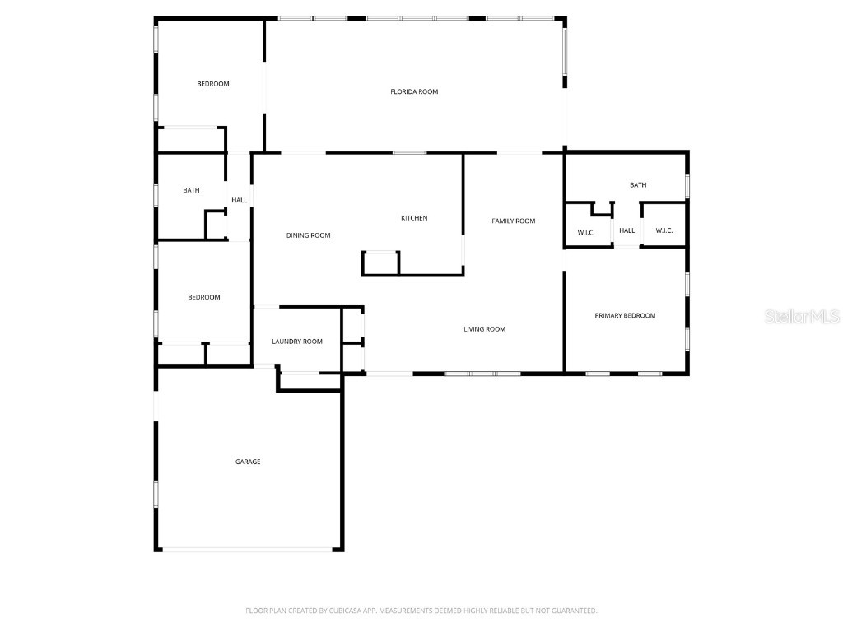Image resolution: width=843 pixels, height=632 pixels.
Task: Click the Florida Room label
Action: point(414,91)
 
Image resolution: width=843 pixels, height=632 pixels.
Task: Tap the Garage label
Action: point(248,462)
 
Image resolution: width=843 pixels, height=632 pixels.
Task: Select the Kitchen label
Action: point(414,218)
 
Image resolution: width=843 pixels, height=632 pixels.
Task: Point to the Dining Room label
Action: point(309,235)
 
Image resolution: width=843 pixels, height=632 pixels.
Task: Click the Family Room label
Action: point(514,221)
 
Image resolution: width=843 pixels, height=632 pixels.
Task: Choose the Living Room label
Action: point(484,329)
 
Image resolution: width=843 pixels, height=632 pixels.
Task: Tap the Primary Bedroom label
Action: point(625,315)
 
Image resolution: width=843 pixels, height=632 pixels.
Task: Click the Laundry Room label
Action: point(297,342)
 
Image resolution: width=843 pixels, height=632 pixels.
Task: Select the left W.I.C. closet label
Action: point(586,232)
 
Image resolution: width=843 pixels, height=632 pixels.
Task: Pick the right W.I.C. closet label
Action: point(664,231)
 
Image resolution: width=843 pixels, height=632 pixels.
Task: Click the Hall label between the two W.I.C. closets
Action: point(627,231)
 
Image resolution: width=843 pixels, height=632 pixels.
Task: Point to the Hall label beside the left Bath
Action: point(240,200)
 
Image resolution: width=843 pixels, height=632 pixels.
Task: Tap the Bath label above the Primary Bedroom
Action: point(638,185)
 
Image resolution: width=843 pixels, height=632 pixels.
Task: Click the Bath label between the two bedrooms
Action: point(191,190)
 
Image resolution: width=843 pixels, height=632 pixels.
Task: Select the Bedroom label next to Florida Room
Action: point(212,84)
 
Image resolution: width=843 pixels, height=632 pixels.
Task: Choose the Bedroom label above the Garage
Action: point(204,297)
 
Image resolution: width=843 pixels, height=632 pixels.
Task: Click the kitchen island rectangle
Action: point(380,263)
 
